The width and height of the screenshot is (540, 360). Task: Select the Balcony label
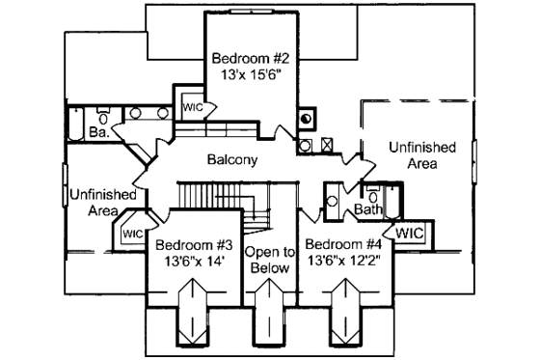[x=231, y=159]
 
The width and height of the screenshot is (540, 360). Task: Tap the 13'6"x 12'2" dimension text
[x=345, y=261]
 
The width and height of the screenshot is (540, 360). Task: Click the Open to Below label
[x=269, y=260]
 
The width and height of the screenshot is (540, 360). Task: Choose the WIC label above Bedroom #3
[x=132, y=233]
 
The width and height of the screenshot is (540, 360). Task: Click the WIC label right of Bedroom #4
[x=410, y=233]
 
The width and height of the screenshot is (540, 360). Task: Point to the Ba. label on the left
[x=98, y=131]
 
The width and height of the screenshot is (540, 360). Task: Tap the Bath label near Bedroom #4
[x=368, y=208]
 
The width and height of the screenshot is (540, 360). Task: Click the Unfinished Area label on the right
[x=421, y=155]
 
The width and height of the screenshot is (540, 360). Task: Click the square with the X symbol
[x=327, y=146]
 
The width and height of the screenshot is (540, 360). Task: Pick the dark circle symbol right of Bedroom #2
[x=307, y=120]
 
